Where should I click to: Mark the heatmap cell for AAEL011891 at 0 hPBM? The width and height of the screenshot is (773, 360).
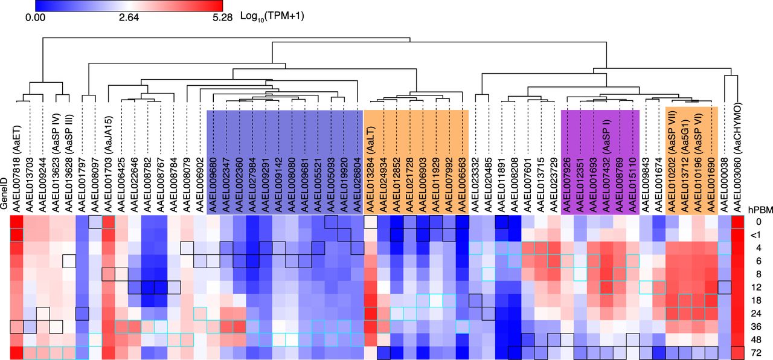(x=501, y=222)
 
